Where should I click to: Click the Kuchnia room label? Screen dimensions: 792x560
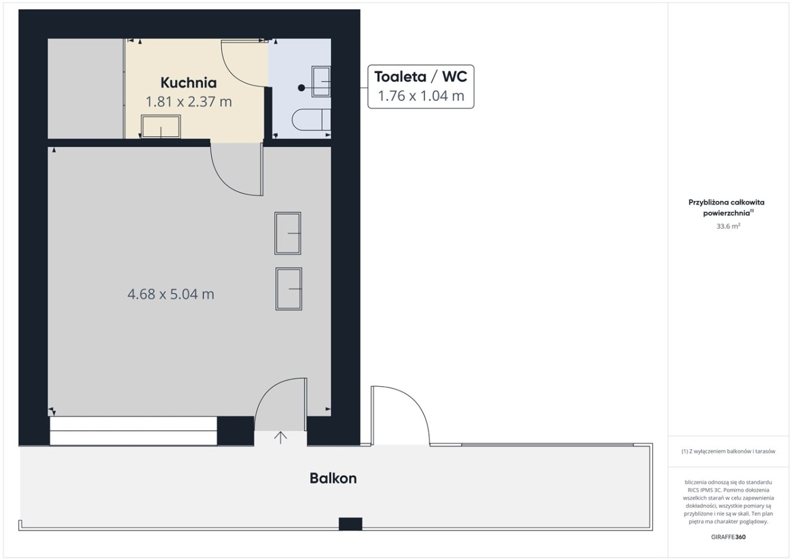point(189,83)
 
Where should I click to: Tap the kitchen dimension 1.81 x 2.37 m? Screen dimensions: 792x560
point(189,102)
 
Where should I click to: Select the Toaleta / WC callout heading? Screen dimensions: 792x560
point(421,77)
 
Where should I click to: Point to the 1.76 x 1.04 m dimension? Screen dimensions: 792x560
point(421,96)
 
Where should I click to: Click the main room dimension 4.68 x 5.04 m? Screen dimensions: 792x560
point(171,294)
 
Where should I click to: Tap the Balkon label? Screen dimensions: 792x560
point(333,478)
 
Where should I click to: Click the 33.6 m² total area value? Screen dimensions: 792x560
point(728,226)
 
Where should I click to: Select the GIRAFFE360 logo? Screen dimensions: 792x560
point(728,536)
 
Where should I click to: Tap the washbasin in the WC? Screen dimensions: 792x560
point(321,81)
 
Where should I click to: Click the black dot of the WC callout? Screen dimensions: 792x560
point(301,88)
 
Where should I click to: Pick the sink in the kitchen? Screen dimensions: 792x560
point(161,126)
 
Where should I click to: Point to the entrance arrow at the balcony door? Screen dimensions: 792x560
point(280,437)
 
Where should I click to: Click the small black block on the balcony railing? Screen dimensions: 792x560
point(350,524)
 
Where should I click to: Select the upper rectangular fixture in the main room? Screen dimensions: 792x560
point(288,233)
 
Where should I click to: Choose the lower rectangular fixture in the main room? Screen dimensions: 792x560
point(289,289)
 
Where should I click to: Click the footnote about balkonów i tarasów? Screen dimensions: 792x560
point(728,452)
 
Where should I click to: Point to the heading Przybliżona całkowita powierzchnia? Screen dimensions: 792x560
point(726,207)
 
